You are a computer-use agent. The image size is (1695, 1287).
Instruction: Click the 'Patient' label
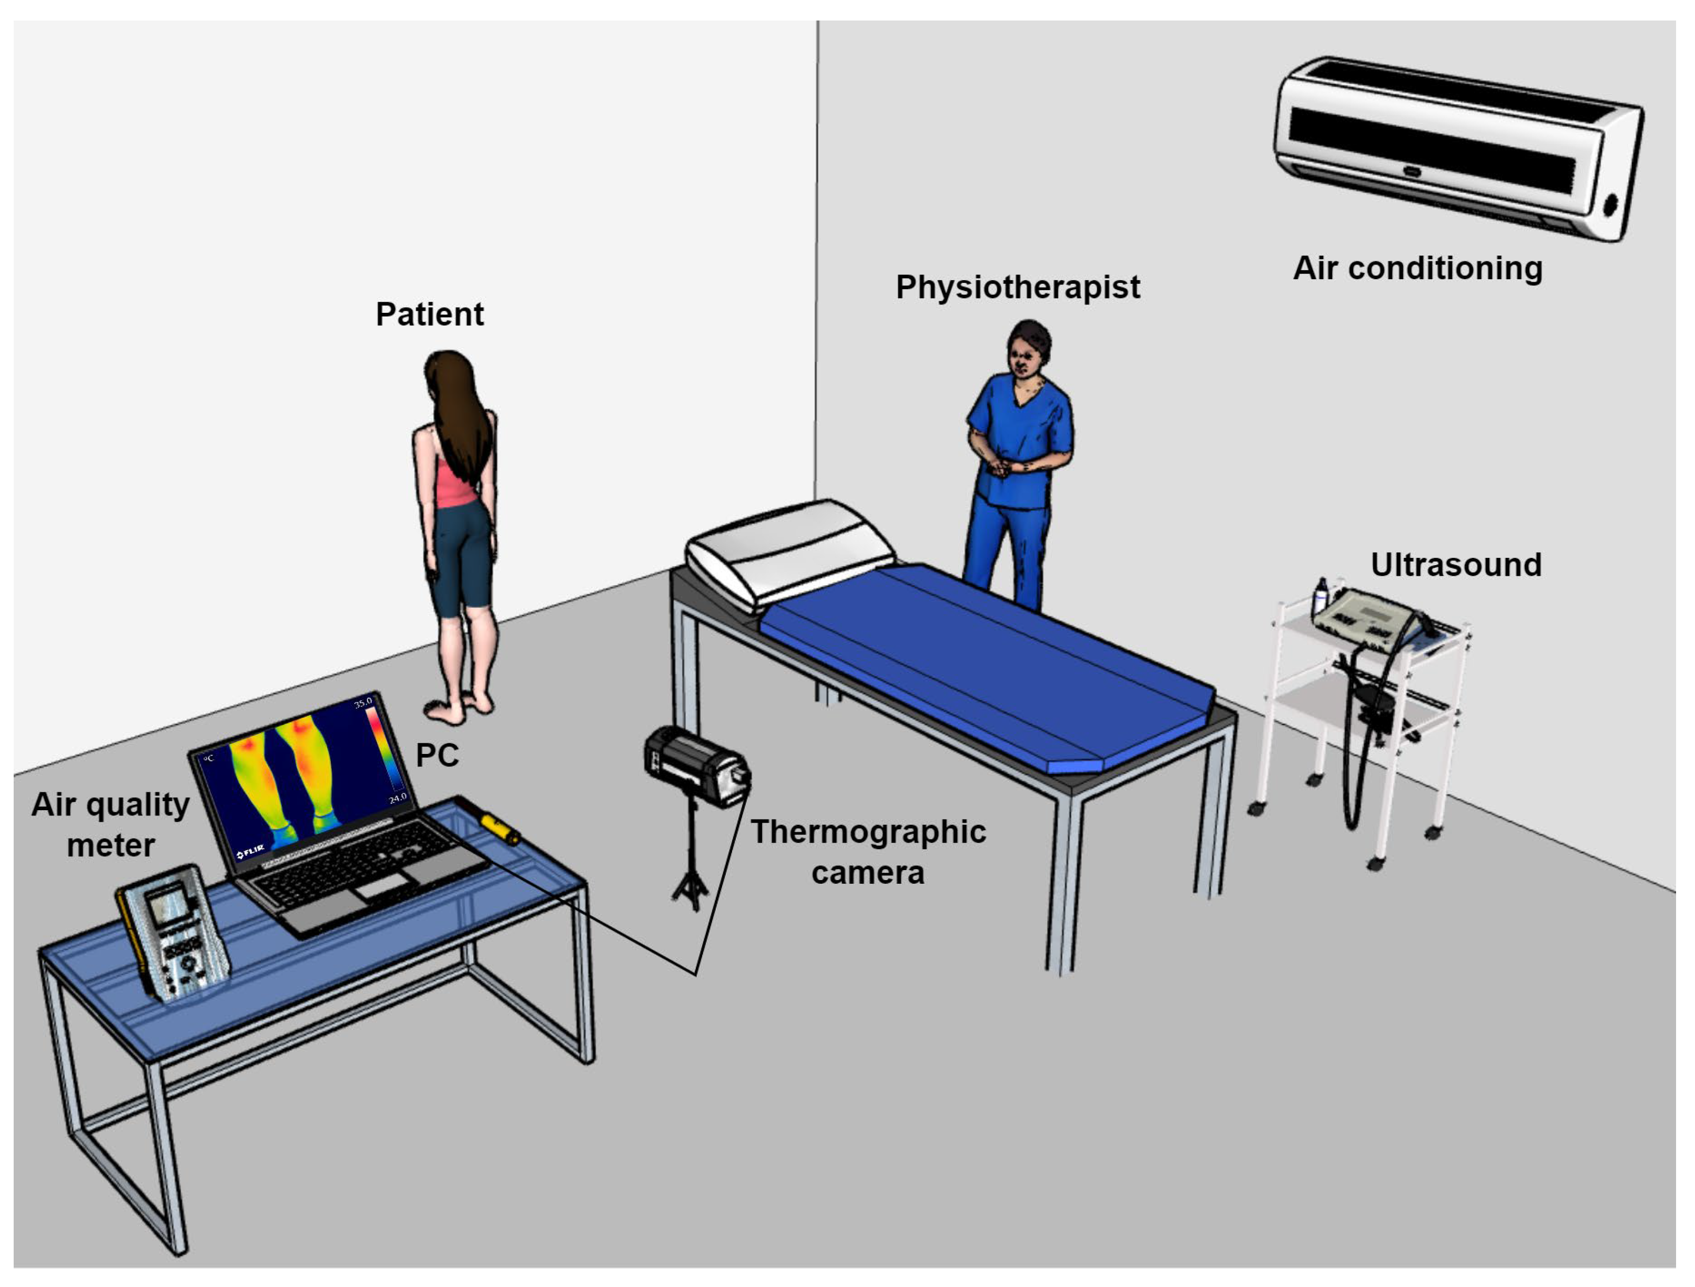pyautogui.click(x=429, y=314)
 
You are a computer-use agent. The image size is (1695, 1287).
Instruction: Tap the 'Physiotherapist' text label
pyautogui.click(x=1018, y=287)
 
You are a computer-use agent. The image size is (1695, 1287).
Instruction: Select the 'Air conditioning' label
pyautogui.click(x=1418, y=268)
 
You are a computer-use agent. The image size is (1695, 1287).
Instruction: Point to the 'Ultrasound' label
pyautogui.click(x=1456, y=565)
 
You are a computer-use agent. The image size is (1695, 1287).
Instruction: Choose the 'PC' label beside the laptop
pyautogui.click(x=437, y=755)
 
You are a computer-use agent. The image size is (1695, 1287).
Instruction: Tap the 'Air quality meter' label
pyautogui.click(x=110, y=825)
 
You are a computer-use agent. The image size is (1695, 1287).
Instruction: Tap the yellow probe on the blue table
pyautogui.click(x=500, y=828)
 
